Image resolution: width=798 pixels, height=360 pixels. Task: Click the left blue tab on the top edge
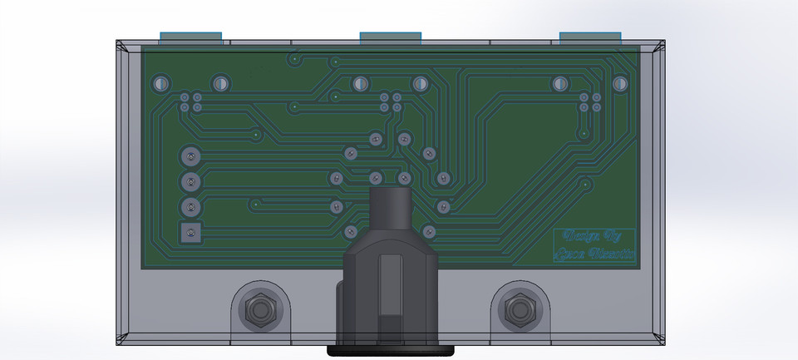coord(190,37)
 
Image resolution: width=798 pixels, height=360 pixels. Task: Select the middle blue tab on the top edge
coord(392,37)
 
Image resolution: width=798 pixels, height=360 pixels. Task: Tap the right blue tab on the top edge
coord(590,37)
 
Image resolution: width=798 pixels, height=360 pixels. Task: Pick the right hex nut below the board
coord(521,310)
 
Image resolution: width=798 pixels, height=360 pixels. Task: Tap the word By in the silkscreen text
coord(613,236)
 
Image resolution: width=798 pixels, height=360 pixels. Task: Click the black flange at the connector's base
coord(392,350)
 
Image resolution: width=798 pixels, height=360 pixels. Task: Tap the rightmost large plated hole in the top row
coord(619,84)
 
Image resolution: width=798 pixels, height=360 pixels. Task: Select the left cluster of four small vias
coord(190,102)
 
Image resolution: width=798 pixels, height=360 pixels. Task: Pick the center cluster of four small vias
coord(391,102)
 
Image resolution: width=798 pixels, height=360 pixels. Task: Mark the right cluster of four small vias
coord(590,102)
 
